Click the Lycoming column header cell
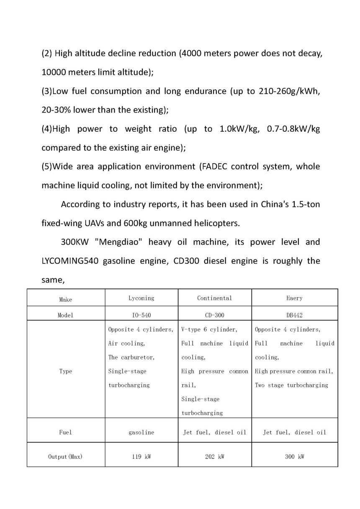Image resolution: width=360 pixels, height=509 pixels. [141, 298]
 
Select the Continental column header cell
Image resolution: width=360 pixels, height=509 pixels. [214, 298]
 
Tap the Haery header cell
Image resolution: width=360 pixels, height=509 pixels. [295, 298]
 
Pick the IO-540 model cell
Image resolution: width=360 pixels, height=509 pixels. [141, 315]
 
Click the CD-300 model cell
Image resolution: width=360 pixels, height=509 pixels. [214, 315]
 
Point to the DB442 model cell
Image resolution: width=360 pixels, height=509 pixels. [295, 315]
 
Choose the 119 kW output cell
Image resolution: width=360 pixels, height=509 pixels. [141, 456]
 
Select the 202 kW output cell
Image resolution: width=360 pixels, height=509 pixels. [214, 456]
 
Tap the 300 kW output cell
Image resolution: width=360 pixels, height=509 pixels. [295, 456]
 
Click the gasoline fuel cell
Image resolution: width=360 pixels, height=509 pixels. [141, 432]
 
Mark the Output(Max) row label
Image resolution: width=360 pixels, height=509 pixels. [65, 456]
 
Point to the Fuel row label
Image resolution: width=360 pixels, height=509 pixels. [65, 432]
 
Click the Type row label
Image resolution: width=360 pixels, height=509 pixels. [65, 371]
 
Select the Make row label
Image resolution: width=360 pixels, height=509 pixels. [65, 299]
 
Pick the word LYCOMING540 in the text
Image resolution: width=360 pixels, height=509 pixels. [69, 261]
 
